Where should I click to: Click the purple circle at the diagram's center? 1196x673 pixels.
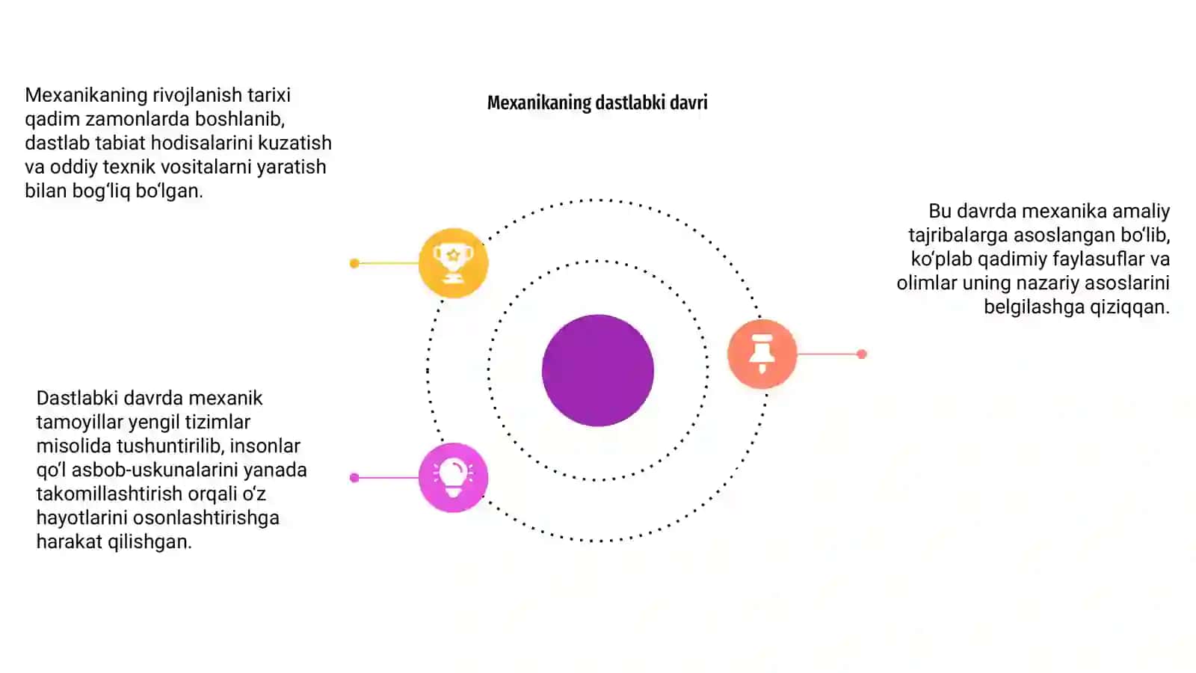pos(597,370)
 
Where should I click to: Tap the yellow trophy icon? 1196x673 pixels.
pos(453,262)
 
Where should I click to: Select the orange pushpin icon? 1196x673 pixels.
pos(762,354)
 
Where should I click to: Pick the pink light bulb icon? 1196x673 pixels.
pos(453,478)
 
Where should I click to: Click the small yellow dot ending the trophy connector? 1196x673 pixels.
pos(354,263)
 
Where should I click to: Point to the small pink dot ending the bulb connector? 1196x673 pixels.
pos(354,478)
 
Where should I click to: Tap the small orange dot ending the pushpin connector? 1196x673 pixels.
pos(861,354)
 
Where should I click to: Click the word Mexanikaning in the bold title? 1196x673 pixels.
pos(539,102)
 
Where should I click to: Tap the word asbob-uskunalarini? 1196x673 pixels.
pos(154,470)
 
